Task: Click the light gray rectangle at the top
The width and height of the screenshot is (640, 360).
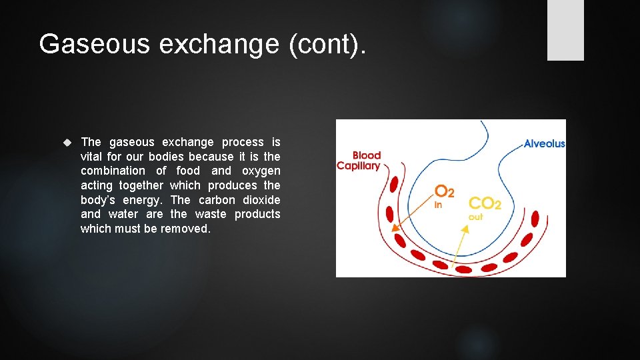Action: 565,30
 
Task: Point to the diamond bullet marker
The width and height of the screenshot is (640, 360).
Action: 67,143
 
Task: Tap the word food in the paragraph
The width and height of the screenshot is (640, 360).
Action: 188,171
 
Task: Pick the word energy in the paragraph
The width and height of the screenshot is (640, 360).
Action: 142,200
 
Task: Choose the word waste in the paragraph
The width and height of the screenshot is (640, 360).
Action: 208,214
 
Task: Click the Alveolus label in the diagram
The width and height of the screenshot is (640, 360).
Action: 544,143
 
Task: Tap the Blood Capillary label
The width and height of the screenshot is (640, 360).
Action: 360,161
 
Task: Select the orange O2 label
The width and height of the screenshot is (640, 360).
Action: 445,192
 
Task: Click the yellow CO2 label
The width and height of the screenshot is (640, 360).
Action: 485,204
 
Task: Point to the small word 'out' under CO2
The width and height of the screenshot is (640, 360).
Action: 476,217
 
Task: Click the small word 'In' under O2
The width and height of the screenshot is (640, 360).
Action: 438,205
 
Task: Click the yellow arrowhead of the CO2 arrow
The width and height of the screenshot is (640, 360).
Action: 465,229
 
